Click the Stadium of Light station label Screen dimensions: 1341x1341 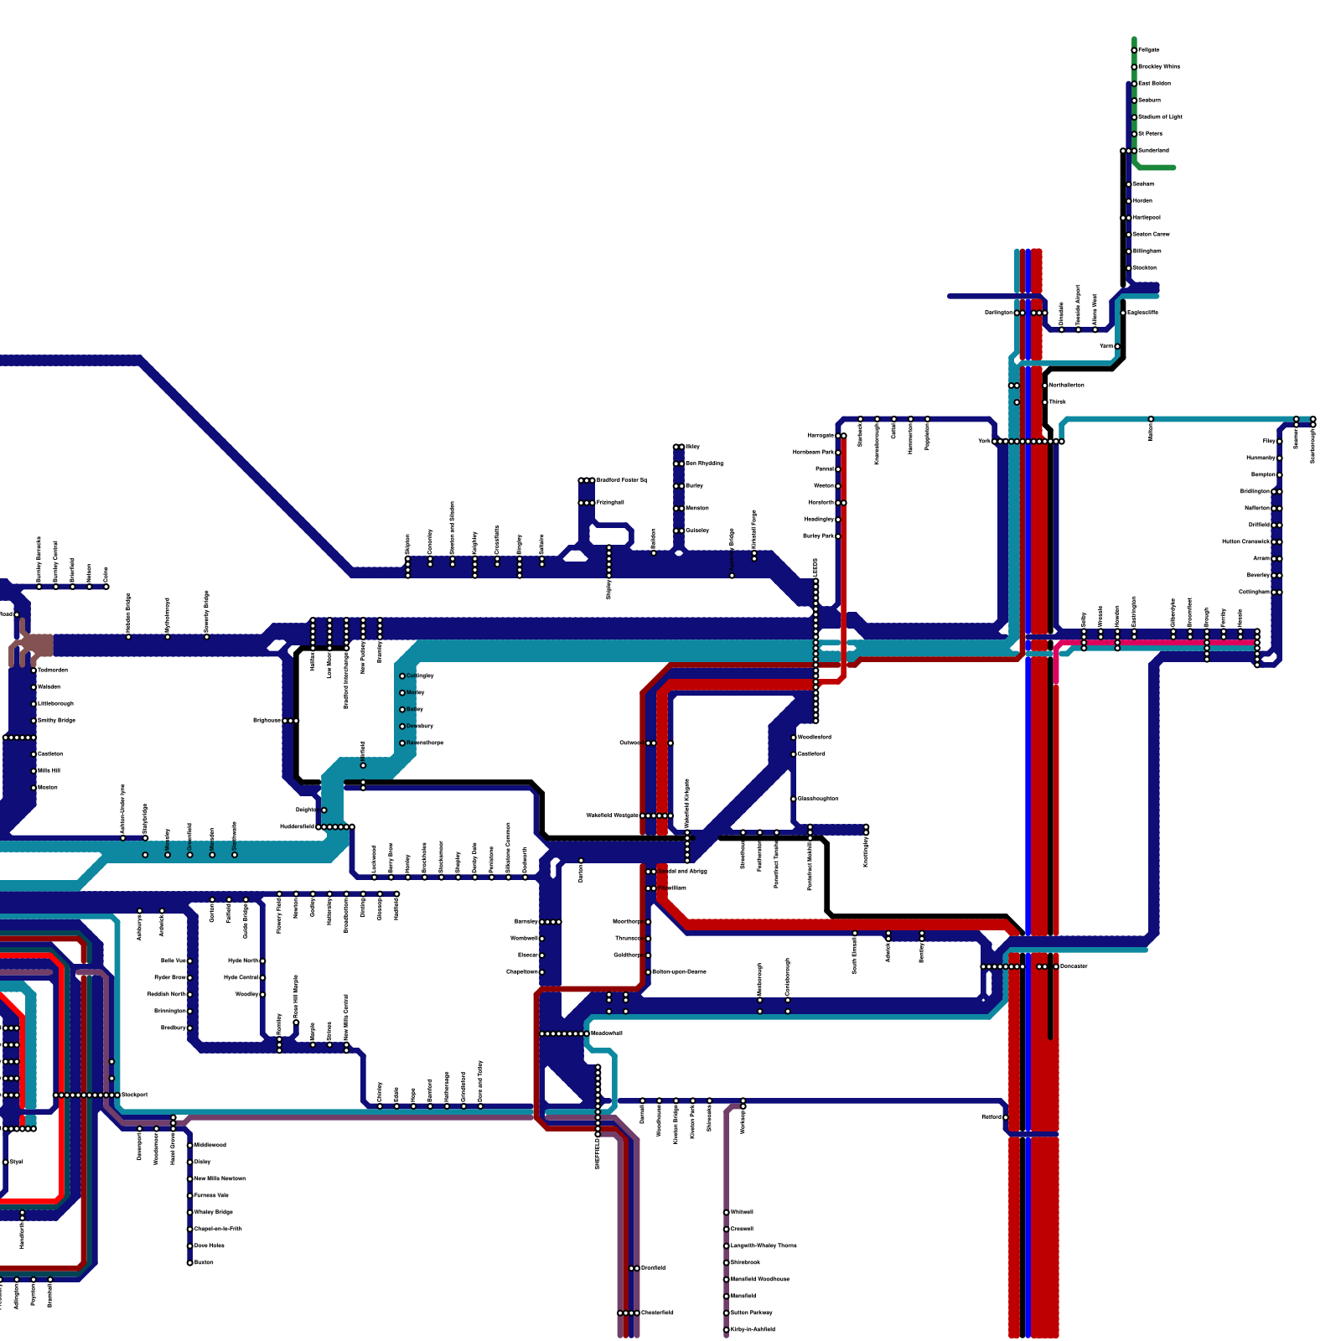click(x=1160, y=116)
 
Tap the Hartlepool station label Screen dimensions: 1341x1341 click(x=1147, y=217)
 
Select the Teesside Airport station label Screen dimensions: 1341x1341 click(x=1079, y=305)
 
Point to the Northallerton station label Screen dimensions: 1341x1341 click(x=1066, y=385)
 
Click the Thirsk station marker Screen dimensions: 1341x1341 click(x=1045, y=402)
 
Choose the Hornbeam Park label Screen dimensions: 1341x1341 click(x=813, y=452)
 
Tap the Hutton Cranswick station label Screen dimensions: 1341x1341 click(x=1245, y=541)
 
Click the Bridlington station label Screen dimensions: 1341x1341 click(x=1255, y=491)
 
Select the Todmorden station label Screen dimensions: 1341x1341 click(x=53, y=670)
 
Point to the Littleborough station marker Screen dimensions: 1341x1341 click(x=34, y=704)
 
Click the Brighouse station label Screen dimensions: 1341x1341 click(x=267, y=720)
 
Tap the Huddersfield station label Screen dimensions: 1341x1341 click(x=297, y=826)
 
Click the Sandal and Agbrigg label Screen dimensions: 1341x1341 click(x=682, y=871)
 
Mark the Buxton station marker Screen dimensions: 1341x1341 click(x=189, y=1262)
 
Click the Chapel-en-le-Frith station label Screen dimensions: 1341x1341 click(x=218, y=1229)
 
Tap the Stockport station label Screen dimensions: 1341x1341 click(x=134, y=1095)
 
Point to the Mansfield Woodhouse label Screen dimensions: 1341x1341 click(x=760, y=1279)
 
